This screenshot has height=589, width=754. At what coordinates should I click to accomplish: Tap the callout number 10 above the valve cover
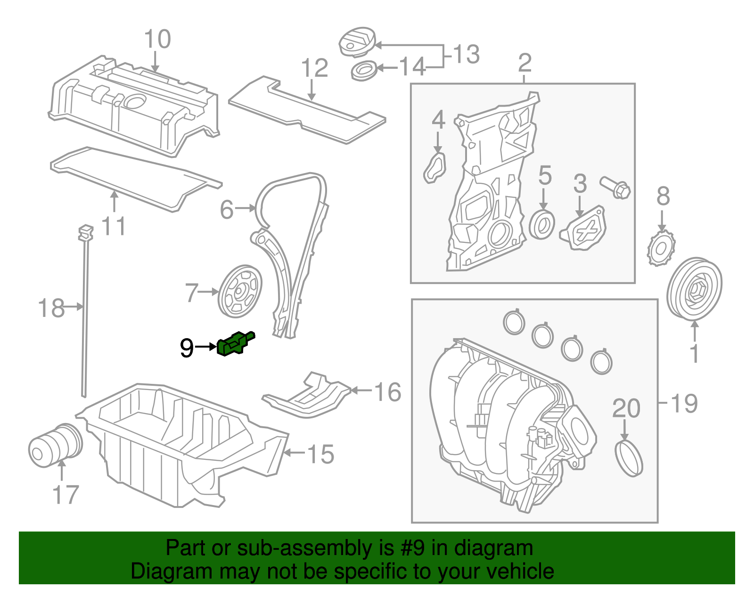coord(157,39)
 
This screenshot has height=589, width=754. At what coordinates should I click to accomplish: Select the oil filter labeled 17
coord(55,445)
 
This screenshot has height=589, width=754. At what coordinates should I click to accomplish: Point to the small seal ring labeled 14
coord(363,71)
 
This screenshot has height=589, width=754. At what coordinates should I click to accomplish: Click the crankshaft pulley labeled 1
coord(695,289)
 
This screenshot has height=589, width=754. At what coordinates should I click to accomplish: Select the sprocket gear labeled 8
coord(661,248)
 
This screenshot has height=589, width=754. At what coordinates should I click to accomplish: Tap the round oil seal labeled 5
coord(542,225)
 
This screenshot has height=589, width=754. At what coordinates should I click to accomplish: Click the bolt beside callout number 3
coord(616,187)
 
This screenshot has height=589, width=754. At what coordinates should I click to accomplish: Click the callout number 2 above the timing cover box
coord(525,63)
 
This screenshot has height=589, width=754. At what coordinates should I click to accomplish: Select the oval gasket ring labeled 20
coord(629,457)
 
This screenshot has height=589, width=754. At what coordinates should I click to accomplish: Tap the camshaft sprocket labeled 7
coord(240,291)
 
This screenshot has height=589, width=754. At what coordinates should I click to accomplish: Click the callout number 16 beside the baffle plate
coord(387,392)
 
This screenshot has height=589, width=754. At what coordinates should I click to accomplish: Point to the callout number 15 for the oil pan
coord(320,454)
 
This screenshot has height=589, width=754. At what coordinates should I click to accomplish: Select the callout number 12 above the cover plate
coord(314,68)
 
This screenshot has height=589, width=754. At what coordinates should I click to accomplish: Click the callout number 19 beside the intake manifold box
coord(684,403)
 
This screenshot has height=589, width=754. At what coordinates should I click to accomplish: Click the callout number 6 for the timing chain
coord(227,209)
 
